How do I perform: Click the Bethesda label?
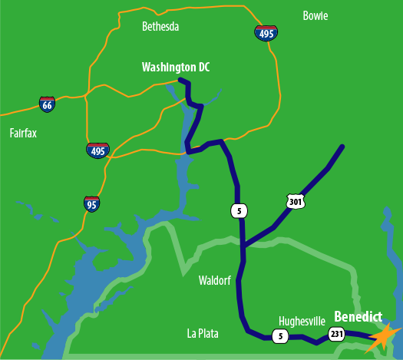[160, 27]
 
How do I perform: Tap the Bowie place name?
[315, 15]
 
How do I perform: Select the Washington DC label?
[176, 68]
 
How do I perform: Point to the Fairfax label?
[23, 133]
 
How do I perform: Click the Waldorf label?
[215, 280]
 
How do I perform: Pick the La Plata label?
[203, 333]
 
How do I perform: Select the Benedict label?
[358, 316]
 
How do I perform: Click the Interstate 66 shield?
[48, 104]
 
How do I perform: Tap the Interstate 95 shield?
[92, 203]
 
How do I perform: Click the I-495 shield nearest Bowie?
[266, 32]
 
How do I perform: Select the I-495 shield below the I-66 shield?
[97, 150]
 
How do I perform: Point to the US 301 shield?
[296, 201]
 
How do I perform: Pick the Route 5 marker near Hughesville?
[281, 335]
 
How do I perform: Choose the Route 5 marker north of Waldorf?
[241, 210]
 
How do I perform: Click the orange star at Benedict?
[383, 337]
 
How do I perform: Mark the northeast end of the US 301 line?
[342, 146]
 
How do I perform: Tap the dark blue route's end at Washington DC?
[180, 80]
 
